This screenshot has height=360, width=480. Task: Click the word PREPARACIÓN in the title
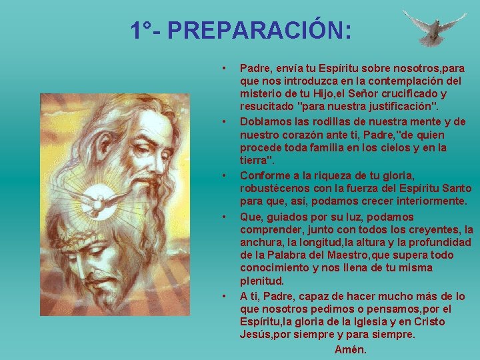(260, 31)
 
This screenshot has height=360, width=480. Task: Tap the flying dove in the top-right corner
(434, 27)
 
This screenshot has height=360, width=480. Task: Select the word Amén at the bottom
(351, 349)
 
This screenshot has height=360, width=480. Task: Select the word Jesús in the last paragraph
(255, 335)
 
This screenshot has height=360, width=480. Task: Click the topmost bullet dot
(225, 68)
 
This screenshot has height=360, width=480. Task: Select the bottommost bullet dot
(225, 296)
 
